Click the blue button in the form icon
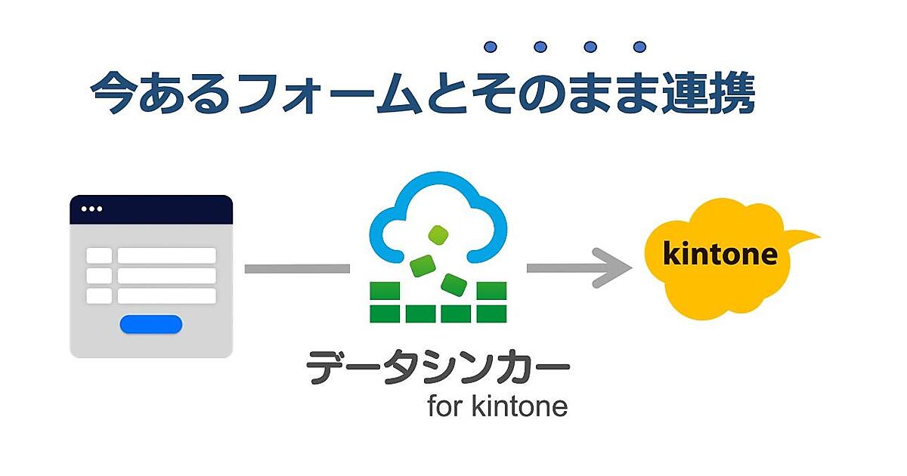[151, 324]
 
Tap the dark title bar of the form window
[151, 209]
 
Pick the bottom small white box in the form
[99, 295]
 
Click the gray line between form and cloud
[297, 268]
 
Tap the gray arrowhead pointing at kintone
[616, 268]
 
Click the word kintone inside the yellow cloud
[720, 254]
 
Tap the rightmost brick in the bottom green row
[492, 312]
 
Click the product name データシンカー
[437, 370]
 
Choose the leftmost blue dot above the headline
[491, 48]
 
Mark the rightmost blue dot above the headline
[639, 48]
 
